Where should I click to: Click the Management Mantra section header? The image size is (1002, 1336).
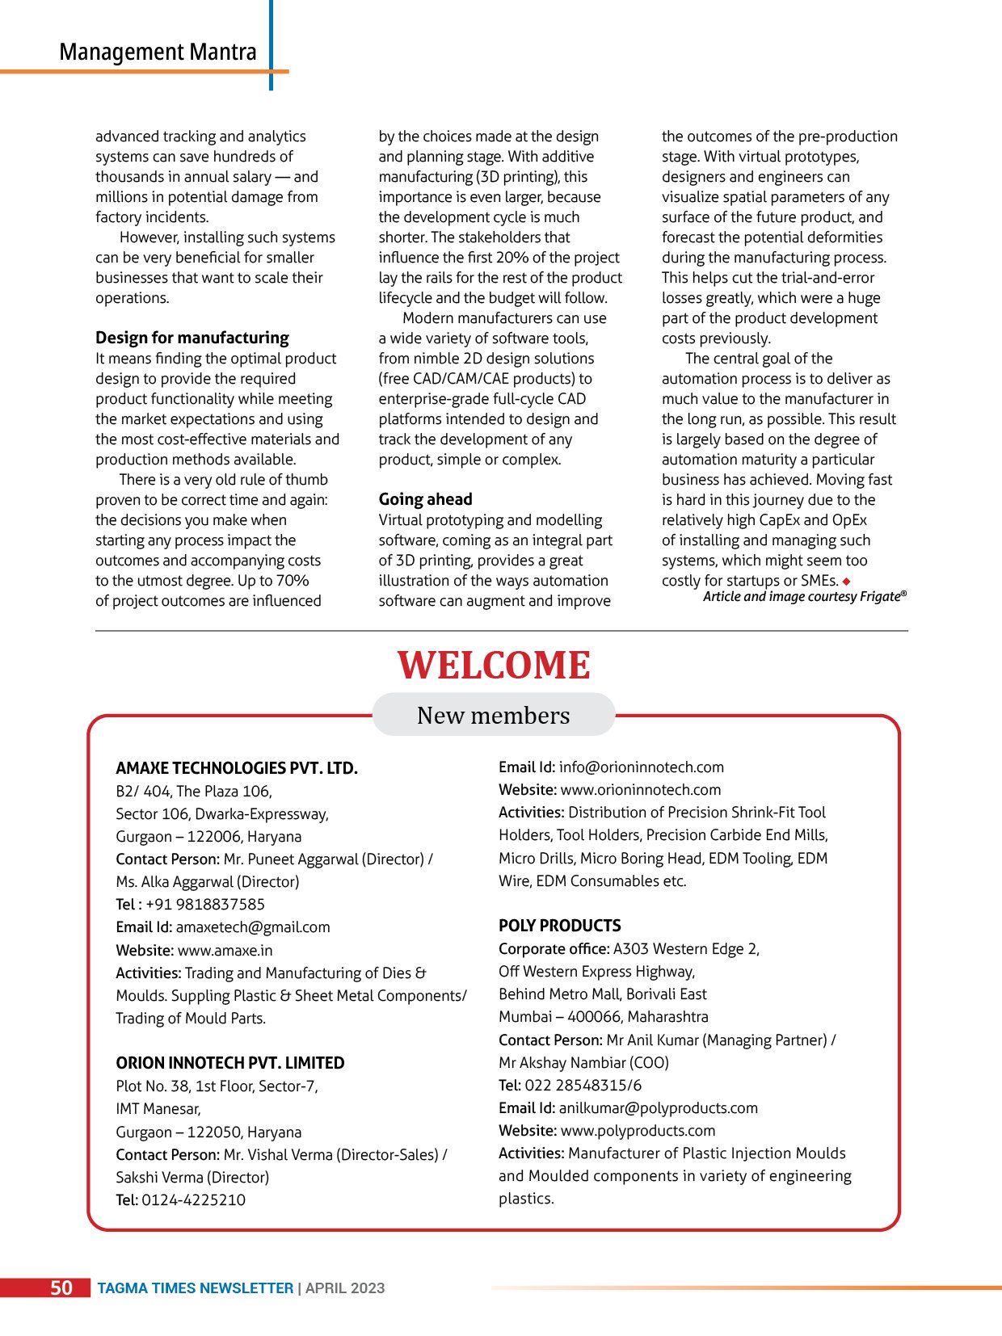pos(158,53)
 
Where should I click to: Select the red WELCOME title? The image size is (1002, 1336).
pos(494,666)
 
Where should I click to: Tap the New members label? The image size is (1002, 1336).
pos(493,716)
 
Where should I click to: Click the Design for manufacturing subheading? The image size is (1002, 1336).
pos(192,338)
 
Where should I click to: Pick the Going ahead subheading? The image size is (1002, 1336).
pos(425,499)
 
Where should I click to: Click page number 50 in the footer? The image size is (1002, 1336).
pos(61,1288)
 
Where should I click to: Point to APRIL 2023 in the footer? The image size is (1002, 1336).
pos(345,1288)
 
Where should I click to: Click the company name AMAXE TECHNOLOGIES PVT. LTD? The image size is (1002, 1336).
pos(236,768)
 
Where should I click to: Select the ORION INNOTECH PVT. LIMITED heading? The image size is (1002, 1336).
pos(229,1063)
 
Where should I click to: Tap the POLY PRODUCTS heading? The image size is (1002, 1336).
pos(559,926)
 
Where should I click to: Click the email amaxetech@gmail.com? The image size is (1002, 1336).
pos(253,927)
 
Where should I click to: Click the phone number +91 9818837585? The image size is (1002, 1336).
pos(205,905)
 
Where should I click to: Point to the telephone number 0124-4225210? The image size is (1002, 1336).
pos(194,1200)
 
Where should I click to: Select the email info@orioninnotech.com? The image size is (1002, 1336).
pos(641,767)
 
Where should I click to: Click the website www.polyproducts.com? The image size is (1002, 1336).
pos(638,1131)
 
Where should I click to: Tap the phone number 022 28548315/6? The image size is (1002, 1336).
pos(583,1086)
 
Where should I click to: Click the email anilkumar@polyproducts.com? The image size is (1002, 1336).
pos(658,1108)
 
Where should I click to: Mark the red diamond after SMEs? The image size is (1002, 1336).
pos(846,582)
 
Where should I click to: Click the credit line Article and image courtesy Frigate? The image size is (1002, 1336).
pos(804,597)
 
